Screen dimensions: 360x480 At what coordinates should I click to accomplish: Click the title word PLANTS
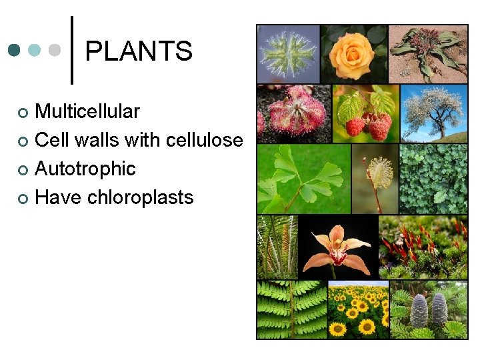[x=139, y=51]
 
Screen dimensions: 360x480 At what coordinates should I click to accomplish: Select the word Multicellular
[x=87, y=111]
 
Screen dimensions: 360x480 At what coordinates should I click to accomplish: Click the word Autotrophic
[x=85, y=169]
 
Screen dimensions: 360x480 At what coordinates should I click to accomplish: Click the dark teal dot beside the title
[x=14, y=51]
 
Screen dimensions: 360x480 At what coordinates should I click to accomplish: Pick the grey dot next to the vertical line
[x=55, y=51]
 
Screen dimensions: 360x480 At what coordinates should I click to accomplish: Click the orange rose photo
[x=353, y=54]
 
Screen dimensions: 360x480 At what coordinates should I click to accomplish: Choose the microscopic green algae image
[x=289, y=54]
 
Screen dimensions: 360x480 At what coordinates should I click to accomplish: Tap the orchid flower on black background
[x=337, y=247]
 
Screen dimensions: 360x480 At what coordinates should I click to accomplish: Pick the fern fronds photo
[x=291, y=310]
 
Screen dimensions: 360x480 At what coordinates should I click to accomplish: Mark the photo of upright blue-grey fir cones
[x=429, y=310]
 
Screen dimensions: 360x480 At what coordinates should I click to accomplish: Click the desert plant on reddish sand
[x=428, y=54]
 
